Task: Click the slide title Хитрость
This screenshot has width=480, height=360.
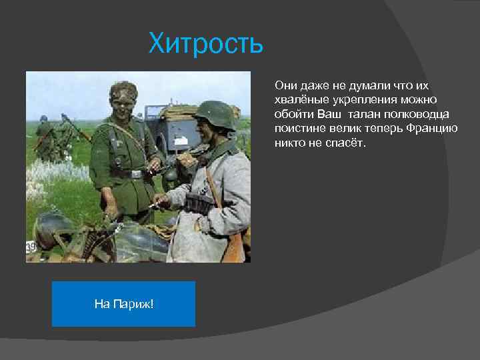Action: (206, 45)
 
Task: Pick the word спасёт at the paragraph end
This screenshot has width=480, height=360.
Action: (348, 142)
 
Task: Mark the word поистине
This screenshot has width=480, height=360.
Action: (297, 128)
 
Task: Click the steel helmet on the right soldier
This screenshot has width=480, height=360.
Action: (215, 113)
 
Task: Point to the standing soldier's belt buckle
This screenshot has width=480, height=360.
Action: (137, 174)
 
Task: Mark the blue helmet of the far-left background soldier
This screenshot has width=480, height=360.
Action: (44, 119)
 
